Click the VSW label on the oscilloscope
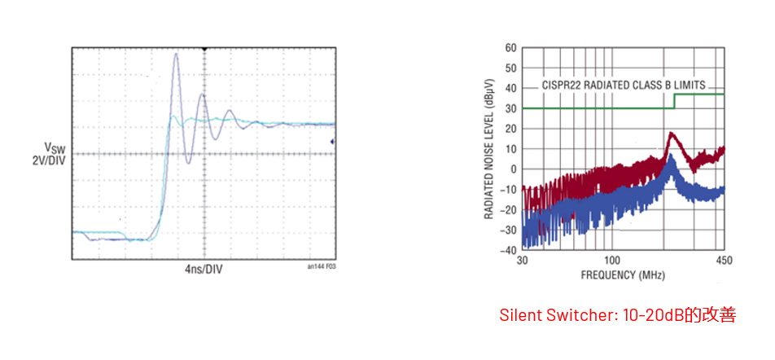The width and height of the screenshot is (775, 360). tap(55, 147)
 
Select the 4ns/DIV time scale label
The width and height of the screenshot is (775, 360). tap(204, 269)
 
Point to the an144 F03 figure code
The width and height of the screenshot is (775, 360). tap(322, 266)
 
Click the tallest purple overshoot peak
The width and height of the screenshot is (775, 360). tap(177, 55)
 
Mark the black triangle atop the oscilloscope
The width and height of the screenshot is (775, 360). tap(204, 50)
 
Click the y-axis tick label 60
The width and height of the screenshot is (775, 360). tap(510, 48)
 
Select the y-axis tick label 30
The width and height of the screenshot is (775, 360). tap(510, 108)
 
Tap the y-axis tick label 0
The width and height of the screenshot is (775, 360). tap(514, 169)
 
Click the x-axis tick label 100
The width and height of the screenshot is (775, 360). tap(612, 261)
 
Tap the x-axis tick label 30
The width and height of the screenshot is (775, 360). tap(523, 261)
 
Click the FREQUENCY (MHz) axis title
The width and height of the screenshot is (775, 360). tap(623, 275)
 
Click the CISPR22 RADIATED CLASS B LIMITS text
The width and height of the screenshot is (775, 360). tap(623, 85)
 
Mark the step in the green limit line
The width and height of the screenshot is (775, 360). tap(675, 101)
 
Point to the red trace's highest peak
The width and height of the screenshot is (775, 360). tap(671, 133)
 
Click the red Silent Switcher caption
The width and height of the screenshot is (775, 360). tap(617, 315)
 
